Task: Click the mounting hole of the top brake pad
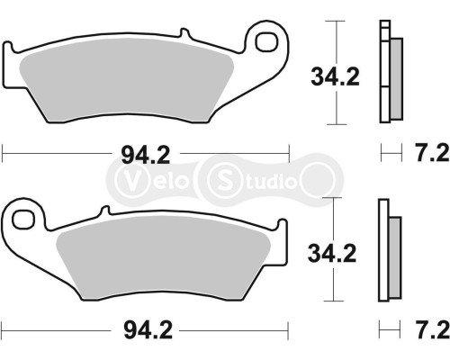tap(265, 41)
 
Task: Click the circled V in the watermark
tap(130, 180)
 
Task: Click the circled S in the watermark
tap(221, 180)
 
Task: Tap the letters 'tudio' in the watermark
tap(270, 181)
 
